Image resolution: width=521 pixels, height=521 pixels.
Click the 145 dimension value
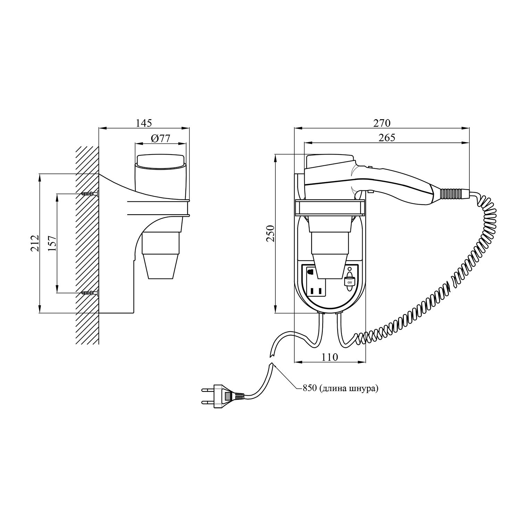tap(144, 123)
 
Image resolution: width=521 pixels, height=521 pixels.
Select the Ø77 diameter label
tap(160, 138)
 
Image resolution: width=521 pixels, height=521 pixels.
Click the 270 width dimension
tap(382, 123)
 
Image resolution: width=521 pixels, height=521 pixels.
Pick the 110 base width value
tap(330, 357)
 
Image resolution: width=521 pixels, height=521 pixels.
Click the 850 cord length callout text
tap(340, 389)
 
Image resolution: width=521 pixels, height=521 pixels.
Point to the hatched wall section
tap(88, 245)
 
